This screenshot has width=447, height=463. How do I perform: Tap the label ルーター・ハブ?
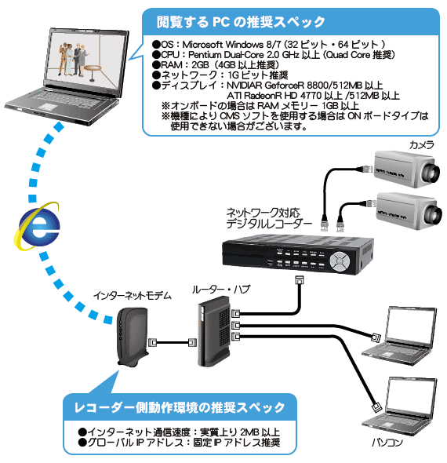point(221,290)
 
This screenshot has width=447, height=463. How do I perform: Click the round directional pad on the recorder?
point(340,260)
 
